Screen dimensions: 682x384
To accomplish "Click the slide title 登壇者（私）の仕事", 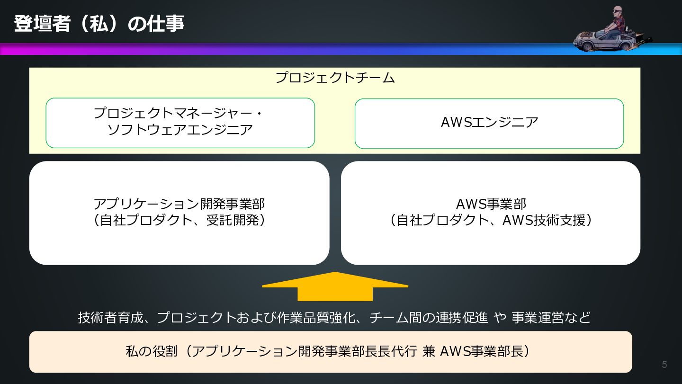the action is click(99, 24).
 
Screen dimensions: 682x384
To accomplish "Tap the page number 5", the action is click(664, 365).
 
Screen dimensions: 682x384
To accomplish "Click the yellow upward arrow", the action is click(335, 286).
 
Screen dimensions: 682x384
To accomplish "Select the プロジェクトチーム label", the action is click(335, 78).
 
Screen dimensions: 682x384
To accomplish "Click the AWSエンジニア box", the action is click(489, 123).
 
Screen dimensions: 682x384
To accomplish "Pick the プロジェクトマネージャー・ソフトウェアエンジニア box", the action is click(180, 123).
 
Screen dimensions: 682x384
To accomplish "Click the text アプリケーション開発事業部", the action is click(179, 204).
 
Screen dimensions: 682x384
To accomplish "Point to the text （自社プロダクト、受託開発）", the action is click(179, 221).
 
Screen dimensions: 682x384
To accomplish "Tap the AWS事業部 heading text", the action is click(491, 204).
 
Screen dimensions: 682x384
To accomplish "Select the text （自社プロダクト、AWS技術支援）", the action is click(491, 221).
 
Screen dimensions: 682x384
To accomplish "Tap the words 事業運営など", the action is click(551, 317).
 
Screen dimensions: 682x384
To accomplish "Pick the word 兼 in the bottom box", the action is click(428, 351).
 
